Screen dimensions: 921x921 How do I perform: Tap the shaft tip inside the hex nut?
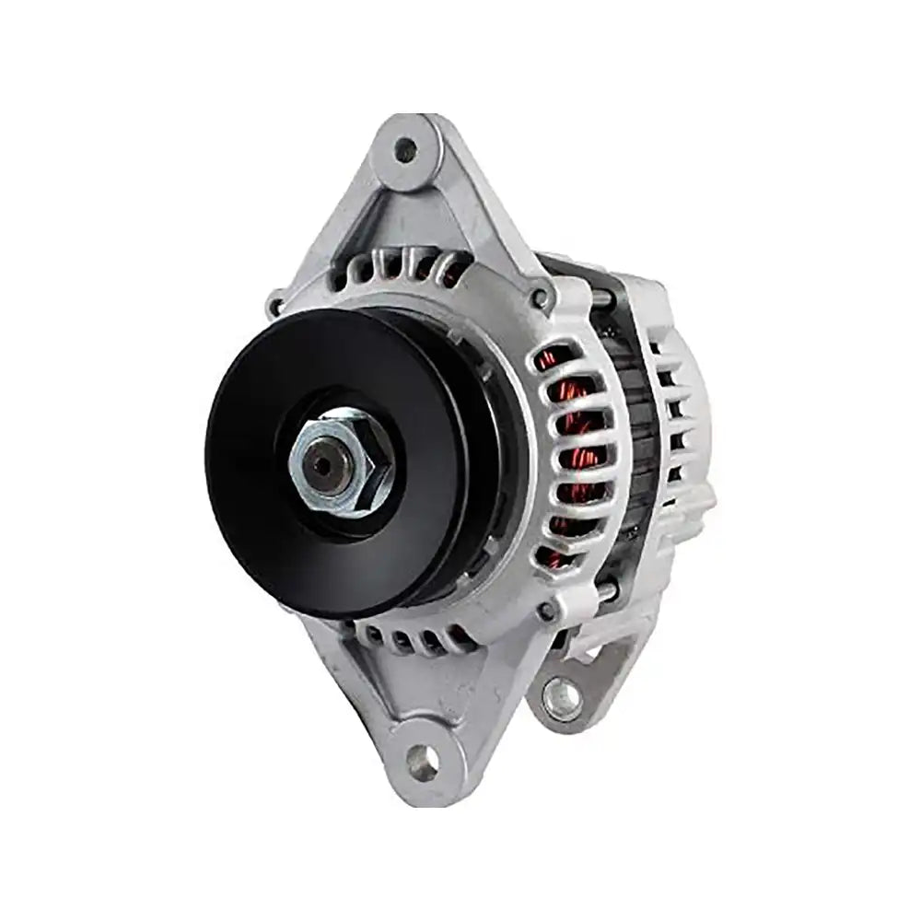click(322, 465)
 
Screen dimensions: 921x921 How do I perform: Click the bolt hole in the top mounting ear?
click(405, 149)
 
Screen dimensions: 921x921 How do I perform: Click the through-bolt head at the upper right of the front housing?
click(540, 297)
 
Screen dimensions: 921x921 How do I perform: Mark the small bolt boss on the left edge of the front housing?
click(274, 303)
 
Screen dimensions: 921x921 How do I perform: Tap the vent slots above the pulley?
click(405, 267)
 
